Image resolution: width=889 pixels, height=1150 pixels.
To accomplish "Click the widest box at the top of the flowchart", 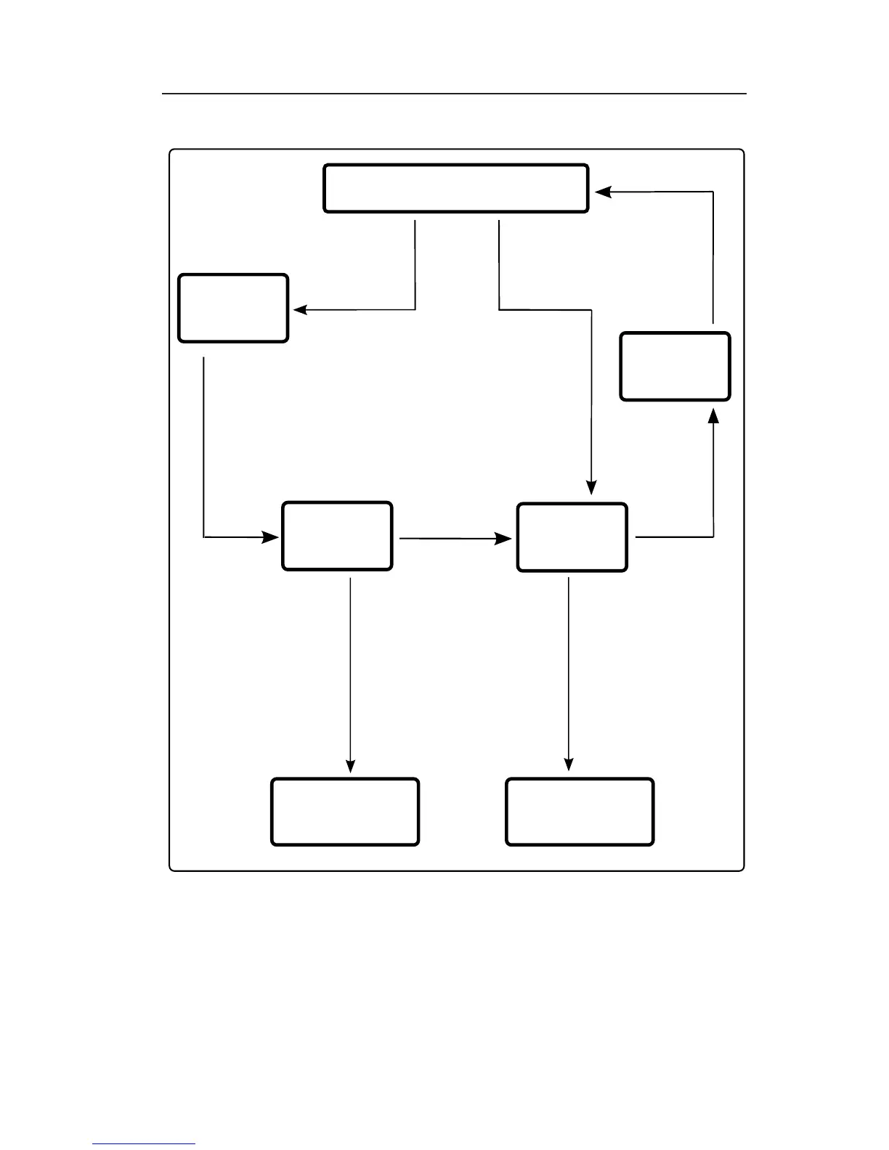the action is [x=455, y=188].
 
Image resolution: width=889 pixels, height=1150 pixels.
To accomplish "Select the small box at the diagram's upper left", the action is [x=233, y=308].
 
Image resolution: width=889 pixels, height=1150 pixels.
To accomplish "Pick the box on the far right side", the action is [x=675, y=367].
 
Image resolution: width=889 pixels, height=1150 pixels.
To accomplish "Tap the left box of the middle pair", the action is [x=337, y=536].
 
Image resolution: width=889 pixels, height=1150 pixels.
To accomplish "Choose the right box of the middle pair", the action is [x=572, y=537].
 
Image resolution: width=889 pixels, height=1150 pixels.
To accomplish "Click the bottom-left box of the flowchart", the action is [x=345, y=812].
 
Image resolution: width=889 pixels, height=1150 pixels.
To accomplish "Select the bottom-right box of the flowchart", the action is [x=580, y=812].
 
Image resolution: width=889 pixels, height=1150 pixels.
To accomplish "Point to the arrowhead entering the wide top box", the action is [x=604, y=192].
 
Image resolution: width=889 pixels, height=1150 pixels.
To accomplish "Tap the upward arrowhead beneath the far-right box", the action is [x=713, y=415].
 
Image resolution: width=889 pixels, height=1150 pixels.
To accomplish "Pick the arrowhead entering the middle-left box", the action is [x=270, y=537].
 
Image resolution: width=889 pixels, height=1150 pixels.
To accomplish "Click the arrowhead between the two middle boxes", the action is [x=503, y=539].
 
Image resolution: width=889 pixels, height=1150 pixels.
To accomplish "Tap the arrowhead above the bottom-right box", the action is [x=569, y=764].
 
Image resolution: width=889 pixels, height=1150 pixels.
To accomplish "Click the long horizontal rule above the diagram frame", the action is [x=454, y=94].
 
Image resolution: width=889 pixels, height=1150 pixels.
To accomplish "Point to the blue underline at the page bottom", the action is [x=144, y=1144].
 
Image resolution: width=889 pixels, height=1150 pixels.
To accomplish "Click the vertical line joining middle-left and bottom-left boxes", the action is [x=351, y=668].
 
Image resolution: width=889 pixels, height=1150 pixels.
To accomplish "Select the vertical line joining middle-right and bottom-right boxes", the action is [x=568, y=668].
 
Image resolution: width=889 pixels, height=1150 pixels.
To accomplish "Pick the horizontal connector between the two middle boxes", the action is [x=447, y=539].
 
